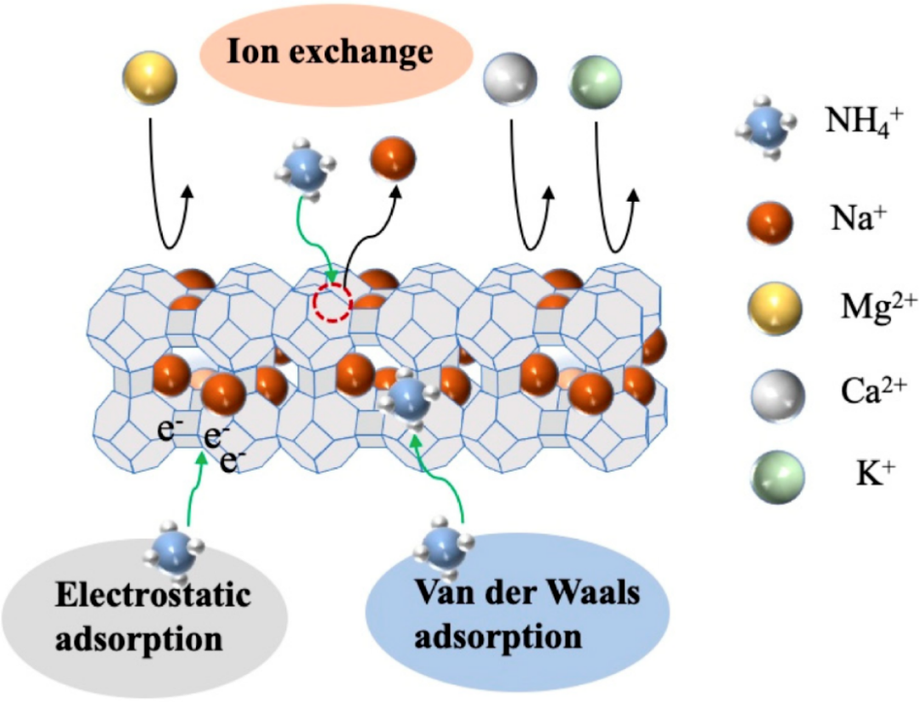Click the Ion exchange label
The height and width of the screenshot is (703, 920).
click(331, 52)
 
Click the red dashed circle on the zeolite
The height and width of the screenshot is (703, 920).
click(332, 302)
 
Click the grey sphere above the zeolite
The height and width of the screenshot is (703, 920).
click(510, 79)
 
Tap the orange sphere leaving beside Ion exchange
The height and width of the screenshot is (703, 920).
click(393, 158)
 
